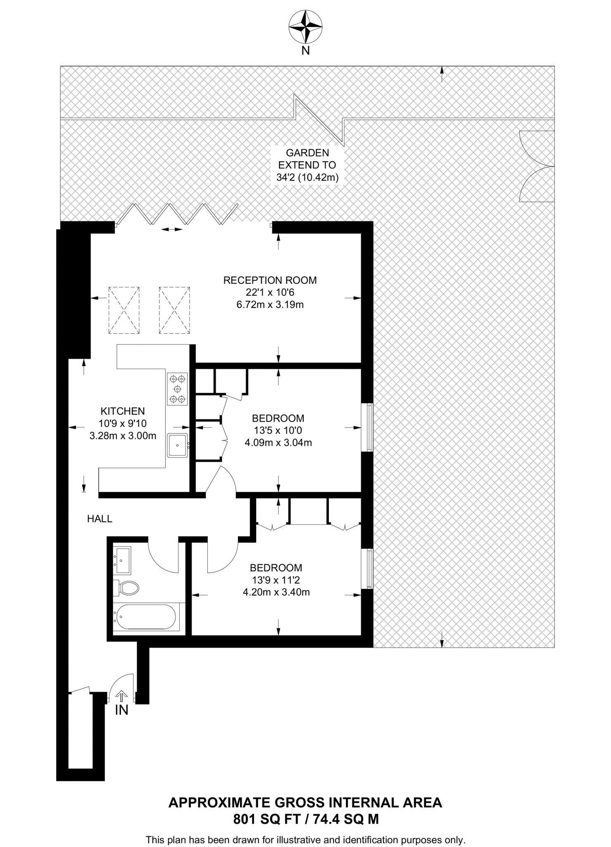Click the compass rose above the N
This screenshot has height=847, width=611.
[305, 27]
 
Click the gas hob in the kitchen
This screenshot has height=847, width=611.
[177, 389]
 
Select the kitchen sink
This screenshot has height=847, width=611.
[177, 445]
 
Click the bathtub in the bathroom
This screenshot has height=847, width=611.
[147, 617]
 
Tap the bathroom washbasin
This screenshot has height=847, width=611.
[122, 560]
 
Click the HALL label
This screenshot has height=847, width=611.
[100, 519]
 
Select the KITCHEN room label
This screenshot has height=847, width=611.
[123, 411]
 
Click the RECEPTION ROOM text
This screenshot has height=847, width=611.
[270, 280]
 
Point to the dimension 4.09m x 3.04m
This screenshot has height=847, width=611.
[278, 443]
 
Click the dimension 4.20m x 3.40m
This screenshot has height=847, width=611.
[276, 592]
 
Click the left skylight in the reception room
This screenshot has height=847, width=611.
[124, 310]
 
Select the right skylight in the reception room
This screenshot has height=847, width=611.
[174, 310]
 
